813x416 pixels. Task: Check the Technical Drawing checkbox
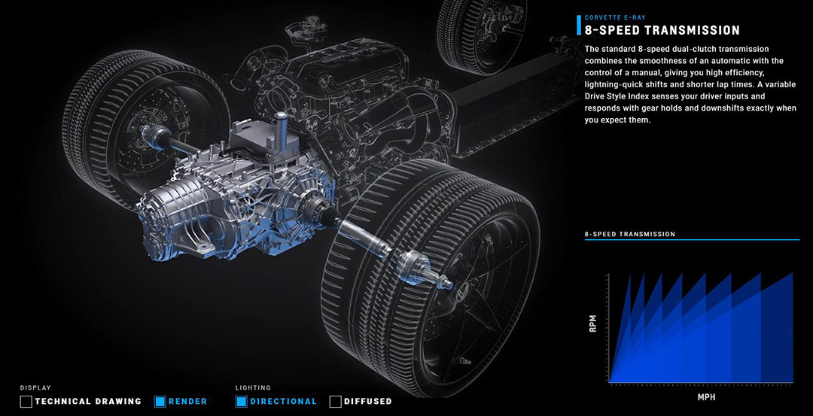[26, 402]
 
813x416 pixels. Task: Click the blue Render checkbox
[160, 402]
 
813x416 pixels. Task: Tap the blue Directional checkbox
[242, 402]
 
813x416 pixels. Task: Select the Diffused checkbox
[336, 402]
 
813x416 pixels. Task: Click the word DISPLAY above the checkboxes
[36, 387]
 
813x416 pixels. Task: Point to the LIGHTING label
[253, 387]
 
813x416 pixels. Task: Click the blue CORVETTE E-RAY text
[615, 17]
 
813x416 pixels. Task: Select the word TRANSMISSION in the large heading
[688, 30]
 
